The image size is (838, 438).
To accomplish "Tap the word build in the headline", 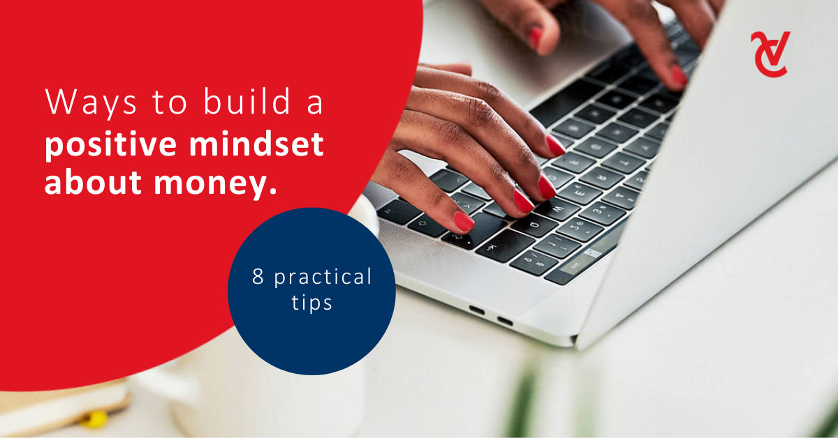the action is coord(247,100).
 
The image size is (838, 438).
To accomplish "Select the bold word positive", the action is coord(111,145).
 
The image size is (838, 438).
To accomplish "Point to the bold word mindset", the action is coord(256,143).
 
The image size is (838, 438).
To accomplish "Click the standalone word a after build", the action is coord(315,104).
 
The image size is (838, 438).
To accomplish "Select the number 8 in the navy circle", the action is coord(258,276).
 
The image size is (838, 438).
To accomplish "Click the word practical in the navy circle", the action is coord(323,278).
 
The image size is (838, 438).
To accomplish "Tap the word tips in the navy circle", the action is coord(311,302).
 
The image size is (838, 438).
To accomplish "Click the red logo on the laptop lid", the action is coord(770,54).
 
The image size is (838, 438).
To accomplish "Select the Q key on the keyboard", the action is coord(534,225).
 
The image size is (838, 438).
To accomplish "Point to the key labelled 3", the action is coord(603,213).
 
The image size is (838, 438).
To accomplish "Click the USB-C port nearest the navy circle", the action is coord(476,310).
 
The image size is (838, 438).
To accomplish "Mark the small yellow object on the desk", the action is coord(93,419).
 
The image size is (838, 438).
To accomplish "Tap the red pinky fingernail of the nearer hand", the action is coord(464,221).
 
